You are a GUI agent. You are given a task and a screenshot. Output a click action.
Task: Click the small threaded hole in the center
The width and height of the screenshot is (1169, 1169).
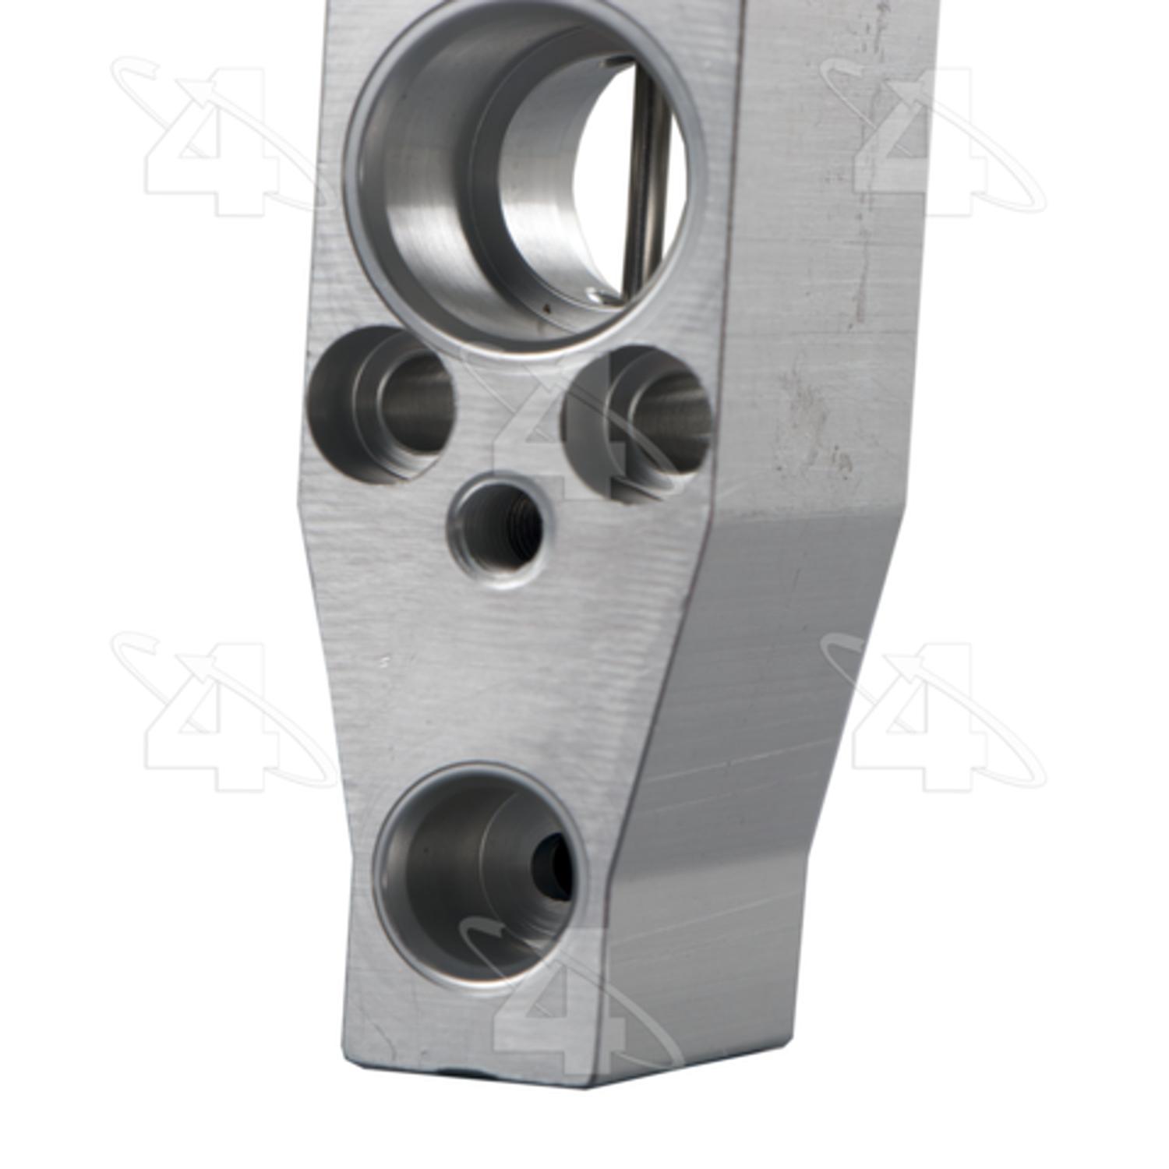496,530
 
